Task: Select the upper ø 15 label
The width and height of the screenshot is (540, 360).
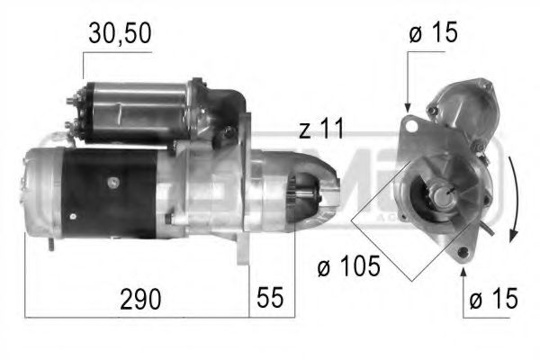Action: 432,34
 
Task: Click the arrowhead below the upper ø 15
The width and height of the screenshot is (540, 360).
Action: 408,108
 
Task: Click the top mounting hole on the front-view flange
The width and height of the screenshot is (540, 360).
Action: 411,121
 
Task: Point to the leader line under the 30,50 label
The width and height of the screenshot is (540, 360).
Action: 84,64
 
